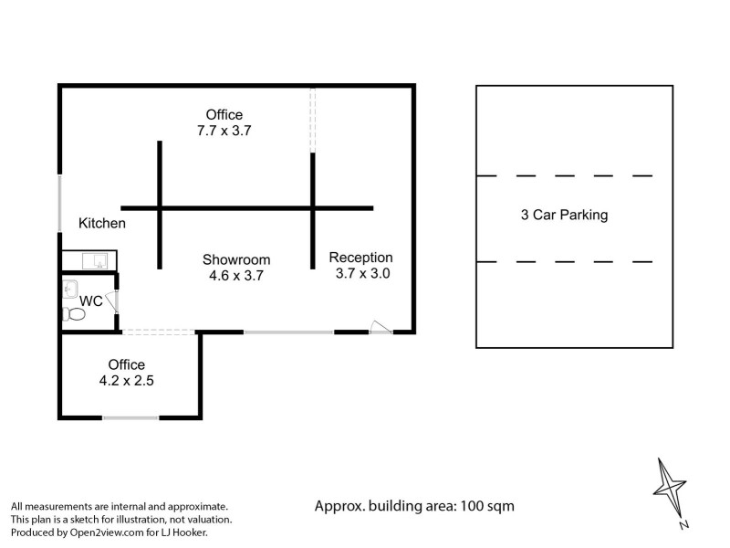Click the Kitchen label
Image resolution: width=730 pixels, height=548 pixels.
[102, 223]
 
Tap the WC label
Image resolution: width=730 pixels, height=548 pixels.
[90, 301]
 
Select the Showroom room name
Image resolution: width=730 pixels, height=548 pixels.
[236, 259]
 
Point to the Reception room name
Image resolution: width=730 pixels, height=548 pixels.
[360, 258]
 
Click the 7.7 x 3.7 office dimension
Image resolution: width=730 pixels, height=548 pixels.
[224, 131]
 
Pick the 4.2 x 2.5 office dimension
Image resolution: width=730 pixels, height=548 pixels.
[126, 381]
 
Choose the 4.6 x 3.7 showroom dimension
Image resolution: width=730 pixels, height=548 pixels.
[236, 276]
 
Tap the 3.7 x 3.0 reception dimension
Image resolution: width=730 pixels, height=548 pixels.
[362, 273]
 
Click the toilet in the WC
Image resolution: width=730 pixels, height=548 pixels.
[74, 314]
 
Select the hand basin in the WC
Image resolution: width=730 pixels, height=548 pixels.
[70, 289]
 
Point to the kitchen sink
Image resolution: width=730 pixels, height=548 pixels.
[95, 261]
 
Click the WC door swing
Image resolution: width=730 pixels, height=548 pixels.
[111, 301]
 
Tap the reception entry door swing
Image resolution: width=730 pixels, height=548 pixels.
[381, 327]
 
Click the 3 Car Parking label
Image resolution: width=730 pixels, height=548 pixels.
[564, 215]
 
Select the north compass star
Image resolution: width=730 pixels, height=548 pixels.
[670, 488]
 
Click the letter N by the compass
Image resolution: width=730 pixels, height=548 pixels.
[683, 524]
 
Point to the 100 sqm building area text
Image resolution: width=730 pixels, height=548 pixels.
[487, 506]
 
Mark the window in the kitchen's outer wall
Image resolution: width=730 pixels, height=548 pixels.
[59, 203]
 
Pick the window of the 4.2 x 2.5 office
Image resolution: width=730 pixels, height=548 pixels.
[130, 418]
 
